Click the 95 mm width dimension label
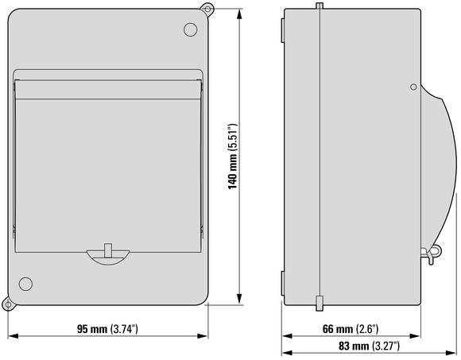pos(107,329)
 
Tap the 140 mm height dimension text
pos(233,157)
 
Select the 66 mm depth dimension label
pos(351,329)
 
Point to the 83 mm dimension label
pos(369,346)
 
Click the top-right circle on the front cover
pos(190,29)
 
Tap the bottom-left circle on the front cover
pos(25,284)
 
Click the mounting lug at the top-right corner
pos(207,9)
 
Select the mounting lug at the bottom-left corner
pos(8,304)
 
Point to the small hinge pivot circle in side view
pos(413,87)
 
